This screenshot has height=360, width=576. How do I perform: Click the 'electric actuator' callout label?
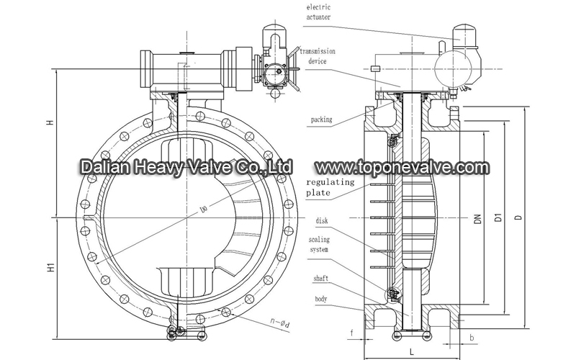[318, 12]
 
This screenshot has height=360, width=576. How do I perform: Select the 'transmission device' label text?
[318, 56]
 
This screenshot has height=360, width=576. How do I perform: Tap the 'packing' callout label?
[321, 120]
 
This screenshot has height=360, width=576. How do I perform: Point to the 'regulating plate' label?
[330, 187]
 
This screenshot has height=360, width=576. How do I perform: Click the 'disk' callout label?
[322, 221]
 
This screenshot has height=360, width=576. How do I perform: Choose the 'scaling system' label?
[319, 245]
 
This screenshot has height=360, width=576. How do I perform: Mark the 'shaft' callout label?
[320, 279]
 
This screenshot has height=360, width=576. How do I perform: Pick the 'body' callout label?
[320, 299]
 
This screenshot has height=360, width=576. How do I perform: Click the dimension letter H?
[50, 122]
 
